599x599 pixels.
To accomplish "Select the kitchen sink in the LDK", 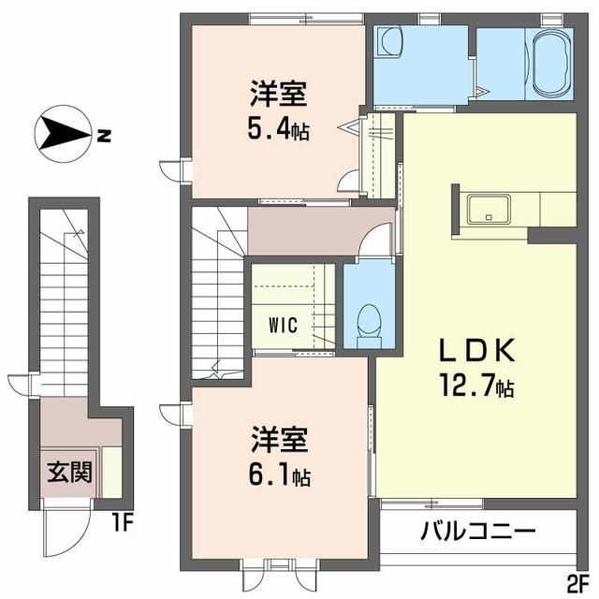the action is click(489, 209).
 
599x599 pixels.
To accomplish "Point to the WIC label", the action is click(283, 325).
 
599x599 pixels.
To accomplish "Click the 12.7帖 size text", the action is click(476, 386).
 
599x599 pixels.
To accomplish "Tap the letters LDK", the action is click(476, 351).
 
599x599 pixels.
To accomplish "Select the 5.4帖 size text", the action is click(279, 130).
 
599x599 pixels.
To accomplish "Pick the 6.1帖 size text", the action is click(279, 476).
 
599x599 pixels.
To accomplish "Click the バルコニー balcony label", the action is click(478, 531).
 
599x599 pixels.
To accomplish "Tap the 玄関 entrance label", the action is click(70, 472).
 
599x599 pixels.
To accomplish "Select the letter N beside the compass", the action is click(104, 135).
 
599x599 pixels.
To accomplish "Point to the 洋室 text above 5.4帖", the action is click(279, 94).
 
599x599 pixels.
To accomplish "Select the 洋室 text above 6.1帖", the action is click(279, 439).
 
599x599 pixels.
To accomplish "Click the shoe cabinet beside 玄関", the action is click(111, 472).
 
